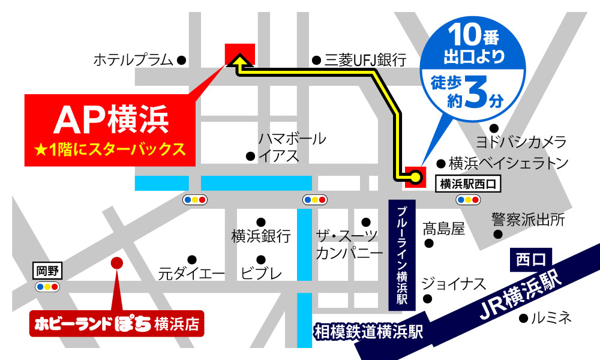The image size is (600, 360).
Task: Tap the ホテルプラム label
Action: tap(134, 60)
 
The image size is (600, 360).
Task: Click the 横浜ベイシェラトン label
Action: tap(508, 163)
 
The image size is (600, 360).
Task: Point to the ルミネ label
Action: tap(552, 317)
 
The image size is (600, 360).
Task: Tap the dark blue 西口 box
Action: tap(530, 260)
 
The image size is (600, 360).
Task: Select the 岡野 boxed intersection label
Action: tap(46, 271)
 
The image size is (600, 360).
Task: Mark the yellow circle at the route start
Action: tap(415, 176)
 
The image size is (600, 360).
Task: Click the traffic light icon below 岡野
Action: tap(47, 287)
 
